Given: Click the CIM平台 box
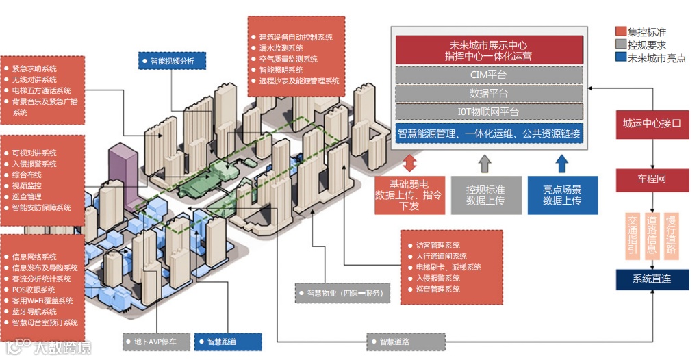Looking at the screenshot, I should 489,75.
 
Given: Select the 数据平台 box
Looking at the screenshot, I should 489,93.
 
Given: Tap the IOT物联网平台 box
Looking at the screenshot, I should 489,112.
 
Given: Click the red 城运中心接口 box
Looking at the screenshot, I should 652,124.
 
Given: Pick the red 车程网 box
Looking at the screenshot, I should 652,179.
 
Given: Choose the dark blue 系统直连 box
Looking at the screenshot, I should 652,279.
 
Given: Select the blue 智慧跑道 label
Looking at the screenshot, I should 226,341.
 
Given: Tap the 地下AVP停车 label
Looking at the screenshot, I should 157,341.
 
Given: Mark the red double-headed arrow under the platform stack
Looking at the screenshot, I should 409,163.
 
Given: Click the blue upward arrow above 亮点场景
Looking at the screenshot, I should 561,163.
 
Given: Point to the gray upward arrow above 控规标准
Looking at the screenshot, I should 485,163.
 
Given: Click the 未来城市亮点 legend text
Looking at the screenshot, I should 657,58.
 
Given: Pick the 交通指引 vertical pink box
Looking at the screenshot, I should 633,234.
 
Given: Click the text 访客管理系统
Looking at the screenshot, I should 438,245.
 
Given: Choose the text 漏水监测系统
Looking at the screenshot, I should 281,48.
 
